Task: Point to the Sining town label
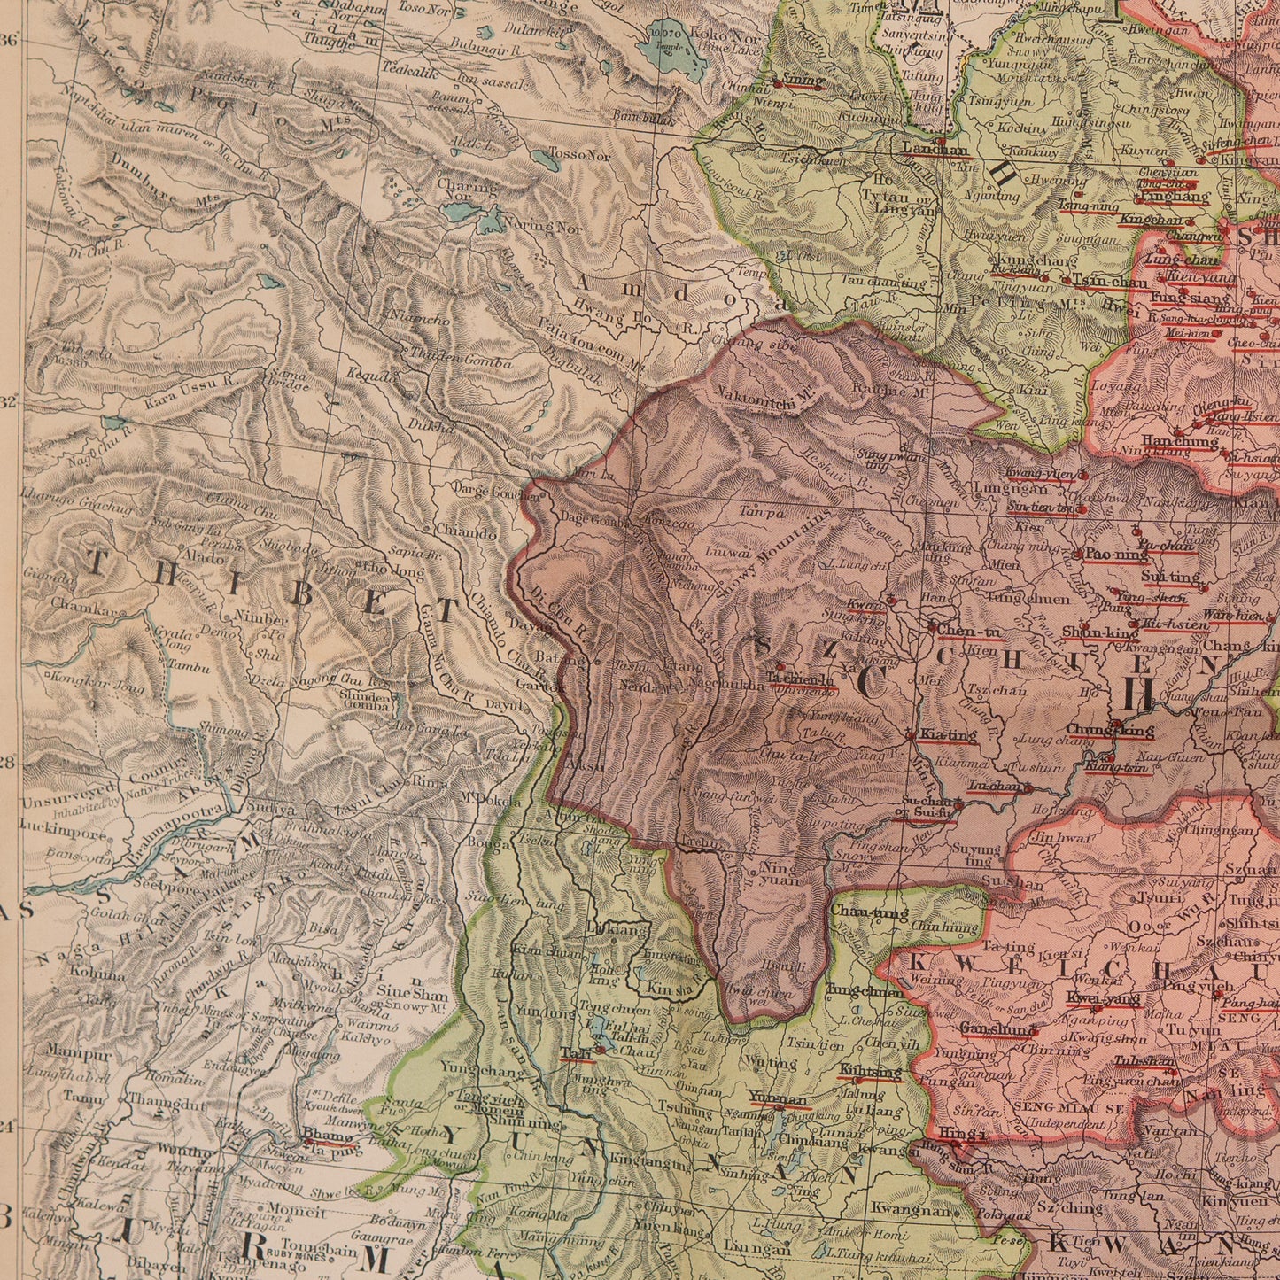coord(803,81)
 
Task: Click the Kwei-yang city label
coord(1090,998)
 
